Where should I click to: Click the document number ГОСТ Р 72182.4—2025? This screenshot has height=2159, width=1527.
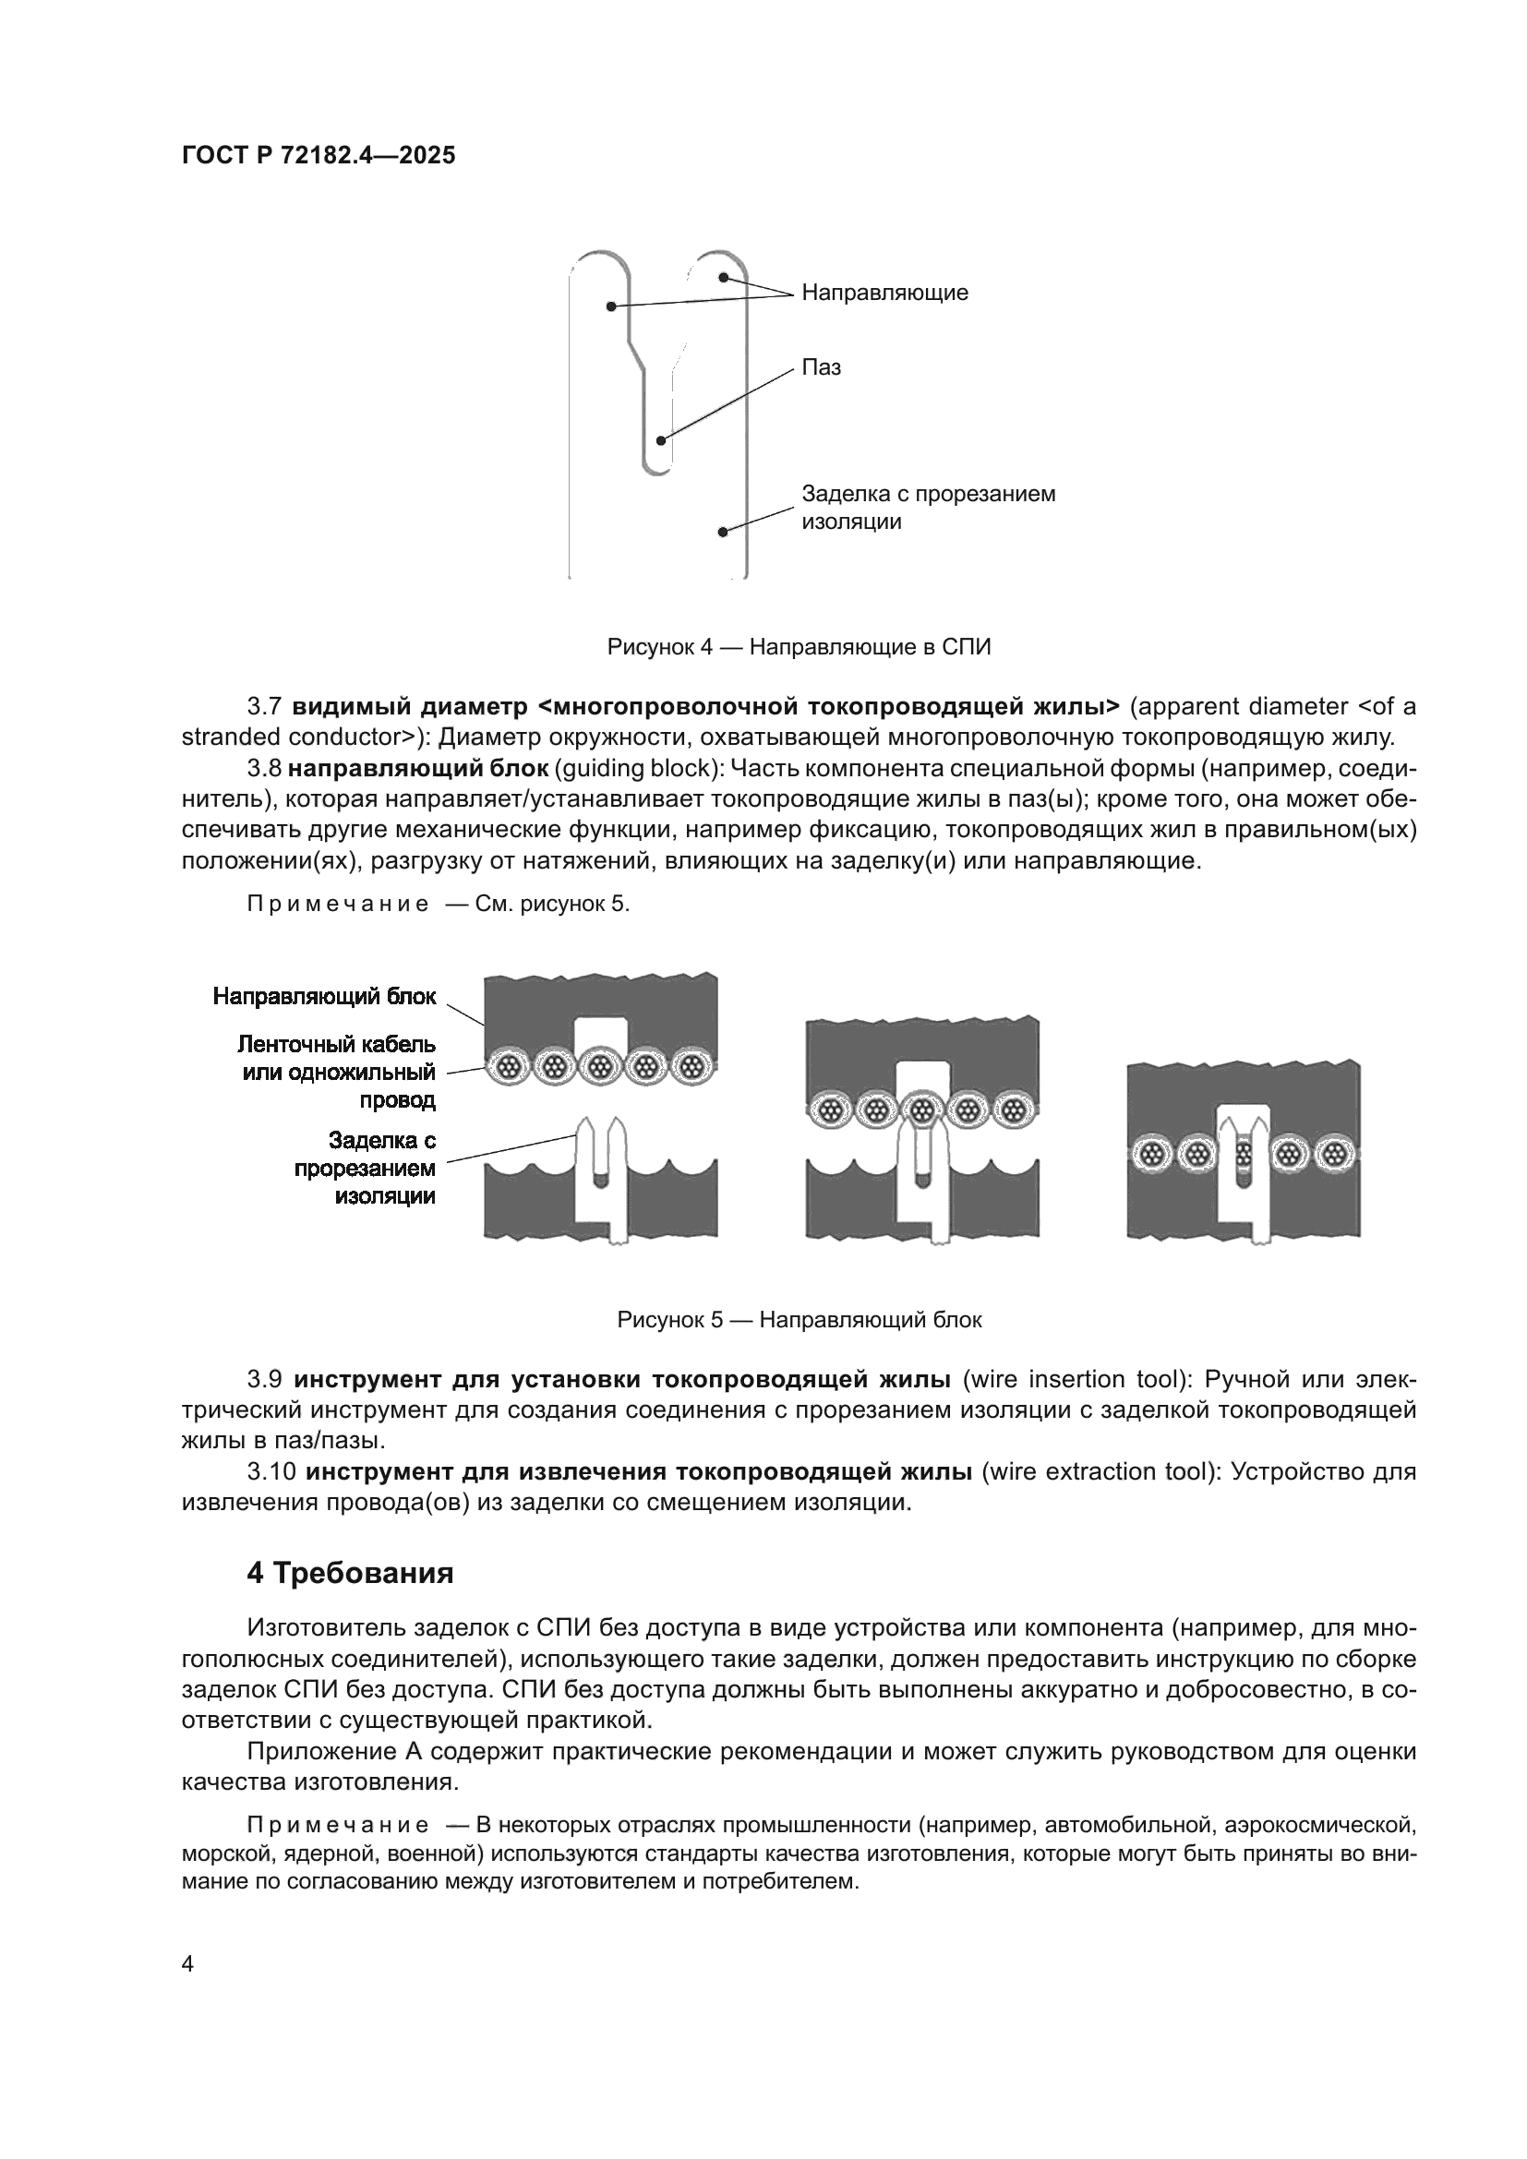pyautogui.click(x=318, y=155)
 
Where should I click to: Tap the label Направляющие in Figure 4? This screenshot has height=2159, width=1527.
pyautogui.click(x=884, y=293)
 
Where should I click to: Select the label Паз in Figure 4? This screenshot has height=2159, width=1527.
pyautogui.click(x=821, y=367)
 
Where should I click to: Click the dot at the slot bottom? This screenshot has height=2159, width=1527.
pyautogui.click(x=661, y=440)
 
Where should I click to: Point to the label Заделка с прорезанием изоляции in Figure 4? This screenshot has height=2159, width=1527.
pyautogui.click(x=927, y=508)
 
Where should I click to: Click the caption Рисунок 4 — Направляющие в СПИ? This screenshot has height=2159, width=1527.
pyautogui.click(x=799, y=647)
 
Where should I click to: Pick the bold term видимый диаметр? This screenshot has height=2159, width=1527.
pyautogui.click(x=410, y=705)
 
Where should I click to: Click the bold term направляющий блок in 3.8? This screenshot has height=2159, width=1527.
pyautogui.click(x=417, y=768)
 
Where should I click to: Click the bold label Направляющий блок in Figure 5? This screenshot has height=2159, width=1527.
pyautogui.click(x=324, y=996)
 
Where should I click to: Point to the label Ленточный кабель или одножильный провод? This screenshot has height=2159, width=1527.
pyautogui.click(x=338, y=1072)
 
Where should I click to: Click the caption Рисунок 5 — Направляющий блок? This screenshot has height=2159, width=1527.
pyautogui.click(x=799, y=1320)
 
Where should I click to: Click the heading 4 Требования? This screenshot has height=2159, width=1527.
pyautogui.click(x=350, y=1573)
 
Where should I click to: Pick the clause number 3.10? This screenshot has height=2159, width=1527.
pyautogui.click(x=272, y=1471)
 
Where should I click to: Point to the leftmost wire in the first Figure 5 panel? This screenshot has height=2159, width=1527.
pyautogui.click(x=511, y=1068)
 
